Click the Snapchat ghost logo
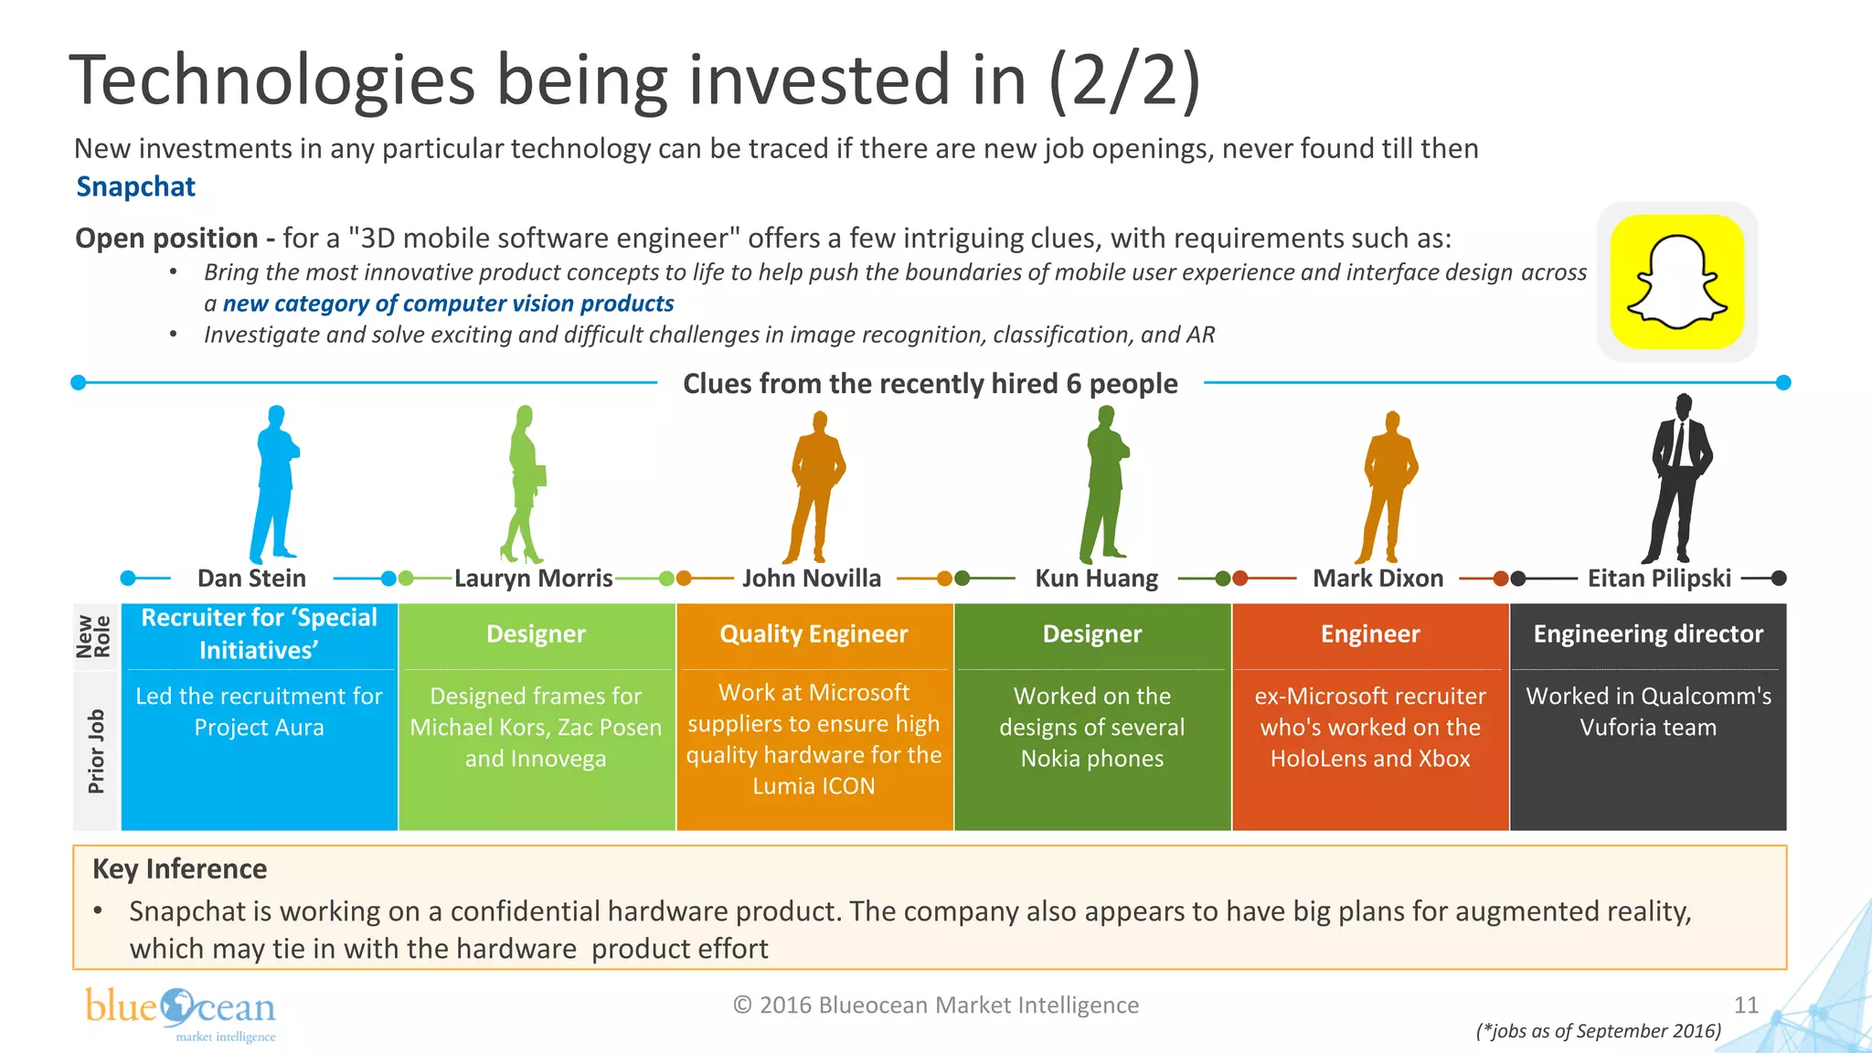pos(1676,282)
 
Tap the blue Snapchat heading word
pos(135,186)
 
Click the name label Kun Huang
pos(1096,579)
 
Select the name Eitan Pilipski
pos(1658,579)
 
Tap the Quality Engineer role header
pos(814,634)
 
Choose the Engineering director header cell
pos(1647,634)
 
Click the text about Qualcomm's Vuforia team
pos(1647,711)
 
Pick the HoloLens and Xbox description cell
pos(1369,728)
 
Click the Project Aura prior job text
pos(259,711)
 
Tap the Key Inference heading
pos(180,868)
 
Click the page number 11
pos(1746,1005)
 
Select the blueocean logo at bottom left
pos(181,1013)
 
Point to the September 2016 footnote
pos(1598,1031)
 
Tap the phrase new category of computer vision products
pos(448,303)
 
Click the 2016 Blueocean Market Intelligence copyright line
pos(936,1005)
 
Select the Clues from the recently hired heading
pos(930,384)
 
